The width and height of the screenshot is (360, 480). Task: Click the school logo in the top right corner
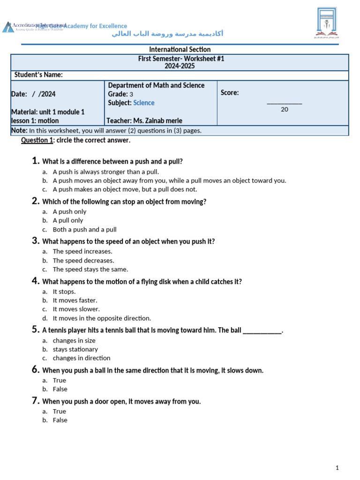coord(327,22)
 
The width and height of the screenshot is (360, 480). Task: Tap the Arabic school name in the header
coord(167,34)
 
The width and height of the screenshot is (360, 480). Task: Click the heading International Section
coord(180,49)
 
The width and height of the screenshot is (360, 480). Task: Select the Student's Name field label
coord(38,75)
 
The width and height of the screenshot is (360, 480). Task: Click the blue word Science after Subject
coord(143,103)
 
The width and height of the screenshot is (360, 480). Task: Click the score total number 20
coord(285,110)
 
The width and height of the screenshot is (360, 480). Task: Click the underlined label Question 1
coord(37,140)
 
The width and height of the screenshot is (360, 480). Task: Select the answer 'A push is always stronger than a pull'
coord(105,172)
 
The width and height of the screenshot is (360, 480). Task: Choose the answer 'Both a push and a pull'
coord(84,230)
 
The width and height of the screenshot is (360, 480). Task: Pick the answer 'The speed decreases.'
coord(83,260)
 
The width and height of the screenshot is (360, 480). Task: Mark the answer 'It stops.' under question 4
coord(64,292)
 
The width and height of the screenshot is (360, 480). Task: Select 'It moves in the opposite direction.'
coord(102,318)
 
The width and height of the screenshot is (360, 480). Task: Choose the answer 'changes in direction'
coord(82,358)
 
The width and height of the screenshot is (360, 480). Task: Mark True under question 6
coord(60,380)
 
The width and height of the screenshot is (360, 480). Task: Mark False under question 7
coord(60,420)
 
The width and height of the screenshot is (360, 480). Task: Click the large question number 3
coord(35,241)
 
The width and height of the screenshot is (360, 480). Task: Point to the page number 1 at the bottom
coord(337,468)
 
